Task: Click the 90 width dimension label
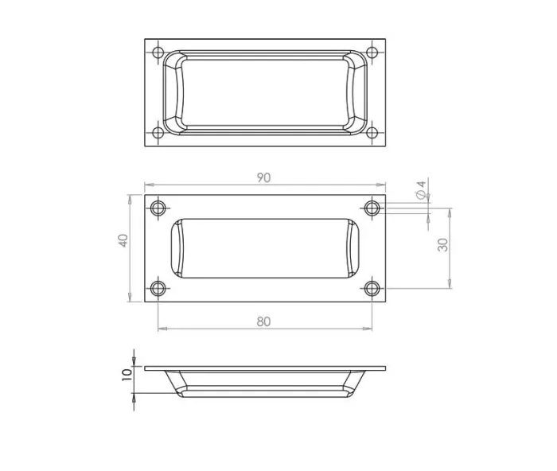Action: click(x=263, y=178)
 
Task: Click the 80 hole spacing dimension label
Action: click(x=264, y=321)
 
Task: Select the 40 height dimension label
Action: click(x=123, y=240)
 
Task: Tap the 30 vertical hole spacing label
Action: click(x=443, y=244)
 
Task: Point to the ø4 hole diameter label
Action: click(x=421, y=189)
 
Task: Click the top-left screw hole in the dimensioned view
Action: click(x=158, y=208)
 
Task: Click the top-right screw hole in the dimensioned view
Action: click(x=372, y=208)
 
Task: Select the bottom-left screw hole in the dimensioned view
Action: click(x=158, y=288)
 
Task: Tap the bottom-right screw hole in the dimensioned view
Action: click(x=372, y=288)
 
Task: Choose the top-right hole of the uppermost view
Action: click(x=372, y=53)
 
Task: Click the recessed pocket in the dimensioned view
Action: click(x=264, y=247)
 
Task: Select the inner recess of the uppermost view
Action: click(x=264, y=91)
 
